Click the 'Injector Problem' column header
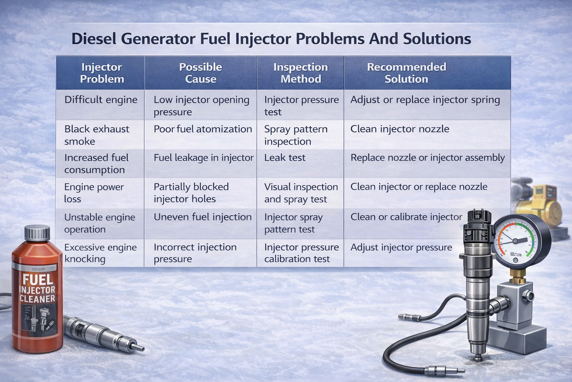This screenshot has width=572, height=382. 102,73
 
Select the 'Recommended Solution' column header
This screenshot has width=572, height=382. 406,73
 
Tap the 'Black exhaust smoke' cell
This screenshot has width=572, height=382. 97,135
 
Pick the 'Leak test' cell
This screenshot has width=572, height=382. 285,158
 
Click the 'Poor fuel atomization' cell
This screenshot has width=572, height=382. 203,129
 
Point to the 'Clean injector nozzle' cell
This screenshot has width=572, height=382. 400,129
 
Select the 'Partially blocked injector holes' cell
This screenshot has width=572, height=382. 191,193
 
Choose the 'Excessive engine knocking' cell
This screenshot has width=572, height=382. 101,253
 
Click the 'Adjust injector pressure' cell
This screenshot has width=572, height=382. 401,247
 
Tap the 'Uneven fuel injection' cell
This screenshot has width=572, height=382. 203,217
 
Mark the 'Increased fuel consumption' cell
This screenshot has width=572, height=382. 96,164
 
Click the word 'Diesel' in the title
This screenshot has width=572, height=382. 93,39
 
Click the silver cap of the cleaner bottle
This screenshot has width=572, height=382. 37,233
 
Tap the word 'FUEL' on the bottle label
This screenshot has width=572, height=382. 37,280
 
